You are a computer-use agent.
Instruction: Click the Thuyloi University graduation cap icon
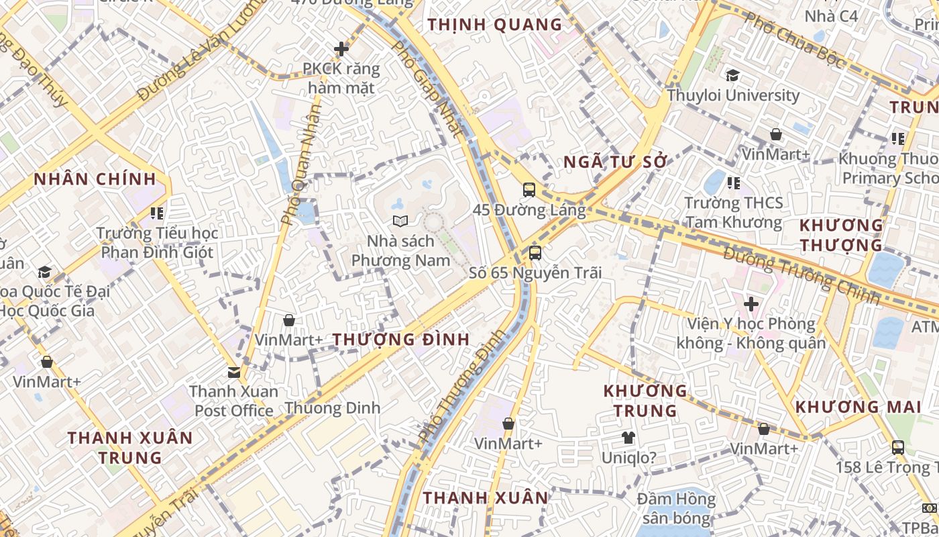click(x=732, y=75)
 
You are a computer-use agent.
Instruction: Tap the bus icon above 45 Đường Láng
click(x=529, y=189)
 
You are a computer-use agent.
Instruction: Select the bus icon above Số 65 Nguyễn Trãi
click(x=535, y=252)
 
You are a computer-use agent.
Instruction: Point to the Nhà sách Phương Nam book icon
click(x=400, y=220)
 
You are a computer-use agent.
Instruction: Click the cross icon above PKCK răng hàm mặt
click(x=341, y=48)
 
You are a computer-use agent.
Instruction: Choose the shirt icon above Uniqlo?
click(x=628, y=438)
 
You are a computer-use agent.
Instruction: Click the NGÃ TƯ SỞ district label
click(x=616, y=162)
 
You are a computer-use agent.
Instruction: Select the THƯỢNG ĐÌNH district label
click(x=401, y=340)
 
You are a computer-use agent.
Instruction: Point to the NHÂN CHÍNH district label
click(x=95, y=179)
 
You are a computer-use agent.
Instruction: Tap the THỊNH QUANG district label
click(x=495, y=25)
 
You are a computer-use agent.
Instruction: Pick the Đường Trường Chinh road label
click(x=801, y=275)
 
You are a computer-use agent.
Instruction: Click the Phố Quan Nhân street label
click(x=301, y=165)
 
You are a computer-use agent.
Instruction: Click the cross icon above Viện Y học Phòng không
click(x=751, y=304)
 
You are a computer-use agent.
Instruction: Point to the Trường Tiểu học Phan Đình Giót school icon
click(x=157, y=213)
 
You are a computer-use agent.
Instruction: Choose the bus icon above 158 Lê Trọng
click(x=898, y=447)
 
